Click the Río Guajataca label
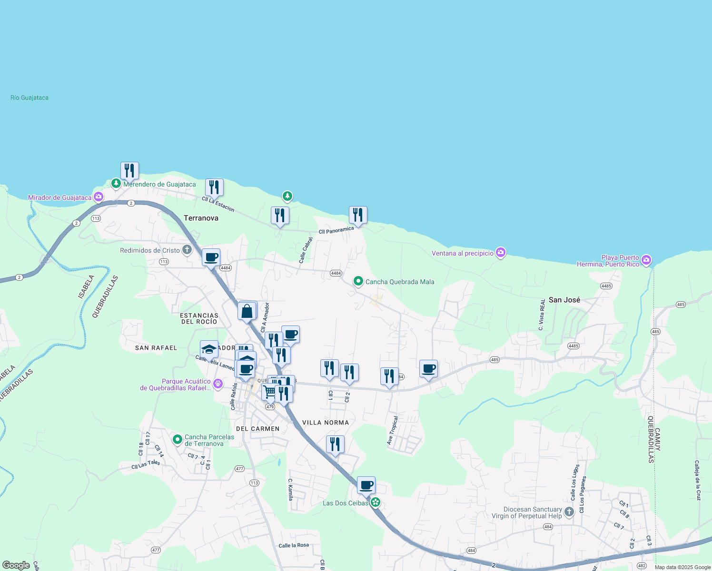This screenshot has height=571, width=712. coord(30,98)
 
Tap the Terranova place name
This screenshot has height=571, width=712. coord(201,218)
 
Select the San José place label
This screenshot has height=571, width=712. coord(564,300)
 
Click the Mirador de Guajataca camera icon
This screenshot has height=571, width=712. coord(98,197)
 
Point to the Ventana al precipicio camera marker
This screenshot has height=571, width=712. coord(500,253)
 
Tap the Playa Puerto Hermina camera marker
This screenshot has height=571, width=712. coord(646,260)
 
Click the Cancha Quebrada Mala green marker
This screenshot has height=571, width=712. coord(358,281)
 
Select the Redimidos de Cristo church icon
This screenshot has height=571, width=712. coord(187,250)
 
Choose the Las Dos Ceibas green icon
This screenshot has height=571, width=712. coord(376,502)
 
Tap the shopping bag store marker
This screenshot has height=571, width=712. coord(247,312)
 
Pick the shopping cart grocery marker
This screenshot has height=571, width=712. coord(269,392)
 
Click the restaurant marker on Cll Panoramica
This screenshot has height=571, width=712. coord(358,216)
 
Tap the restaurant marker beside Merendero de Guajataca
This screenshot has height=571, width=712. coord(129,171)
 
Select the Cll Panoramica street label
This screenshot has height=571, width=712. coord(336,230)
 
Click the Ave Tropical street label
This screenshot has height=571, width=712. coord(392,431)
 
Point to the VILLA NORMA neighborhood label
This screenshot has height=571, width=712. coord(326,423)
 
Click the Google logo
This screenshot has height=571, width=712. coord(16,565)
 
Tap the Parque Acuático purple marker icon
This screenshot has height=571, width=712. coord(218,383)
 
